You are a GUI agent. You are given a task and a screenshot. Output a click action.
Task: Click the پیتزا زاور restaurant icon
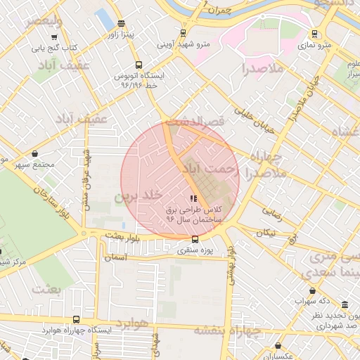tap(121, 23)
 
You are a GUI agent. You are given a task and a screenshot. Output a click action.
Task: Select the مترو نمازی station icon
tap(314, 33)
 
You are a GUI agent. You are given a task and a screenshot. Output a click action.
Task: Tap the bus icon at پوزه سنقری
tap(195, 239)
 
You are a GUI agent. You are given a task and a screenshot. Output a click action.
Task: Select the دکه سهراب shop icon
tap(312, 291)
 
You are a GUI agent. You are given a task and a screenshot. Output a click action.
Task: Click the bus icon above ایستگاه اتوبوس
tap(139, 63)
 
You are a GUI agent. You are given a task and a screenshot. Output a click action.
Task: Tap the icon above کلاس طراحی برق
tap(193, 198)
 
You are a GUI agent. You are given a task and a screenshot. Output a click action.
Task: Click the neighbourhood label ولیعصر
tap(44, 21)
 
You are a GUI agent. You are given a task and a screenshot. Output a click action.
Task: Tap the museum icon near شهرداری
tap(345, 304)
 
